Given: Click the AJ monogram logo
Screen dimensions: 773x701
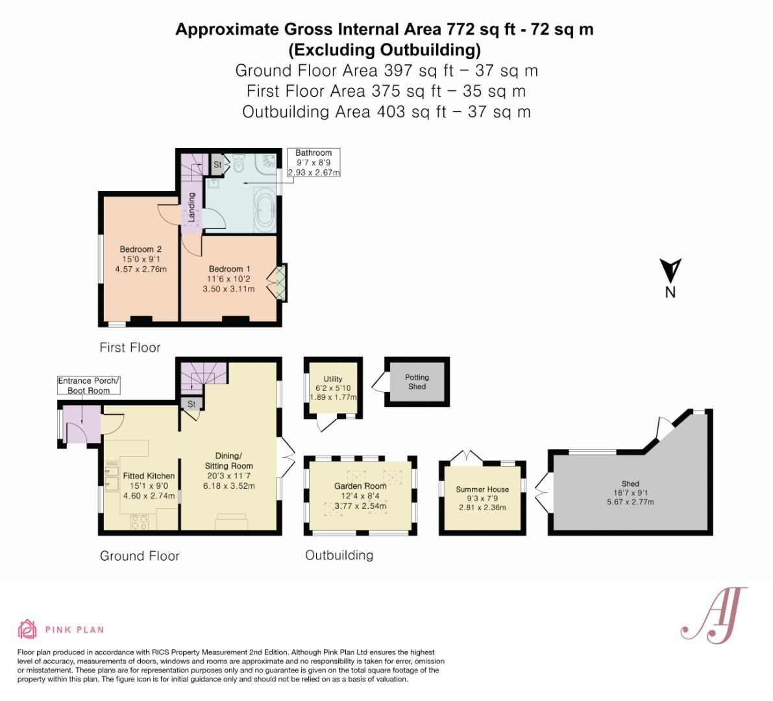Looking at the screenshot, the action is tap(714, 615).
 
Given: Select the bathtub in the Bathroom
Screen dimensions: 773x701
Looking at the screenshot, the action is tap(265, 210).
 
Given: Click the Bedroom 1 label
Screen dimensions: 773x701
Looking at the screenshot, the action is tap(229, 269).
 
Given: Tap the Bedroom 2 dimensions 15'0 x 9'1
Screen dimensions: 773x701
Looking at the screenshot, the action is tap(141, 259).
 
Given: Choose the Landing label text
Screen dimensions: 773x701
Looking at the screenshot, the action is tap(191, 207).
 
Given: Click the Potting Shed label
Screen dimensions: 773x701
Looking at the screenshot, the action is tap(417, 382).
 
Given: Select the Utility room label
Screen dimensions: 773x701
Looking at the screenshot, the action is tap(333, 378).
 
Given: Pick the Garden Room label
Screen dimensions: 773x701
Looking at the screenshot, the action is tap(360, 486).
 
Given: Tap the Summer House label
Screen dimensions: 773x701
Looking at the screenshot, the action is tap(482, 489).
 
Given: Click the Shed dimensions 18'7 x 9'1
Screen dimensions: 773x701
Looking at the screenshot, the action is tap(630, 493).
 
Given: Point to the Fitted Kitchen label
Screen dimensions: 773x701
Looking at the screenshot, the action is tap(149, 476).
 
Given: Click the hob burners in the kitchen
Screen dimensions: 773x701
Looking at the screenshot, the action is tap(140, 522).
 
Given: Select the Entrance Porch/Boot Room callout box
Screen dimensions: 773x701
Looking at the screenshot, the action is tap(89, 386).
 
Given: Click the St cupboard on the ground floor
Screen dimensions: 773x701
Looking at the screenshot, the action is tap(191, 404).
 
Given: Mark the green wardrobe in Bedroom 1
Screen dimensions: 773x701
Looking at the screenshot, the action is tap(280, 282).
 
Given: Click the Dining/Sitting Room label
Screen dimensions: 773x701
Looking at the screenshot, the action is tap(228, 461).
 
